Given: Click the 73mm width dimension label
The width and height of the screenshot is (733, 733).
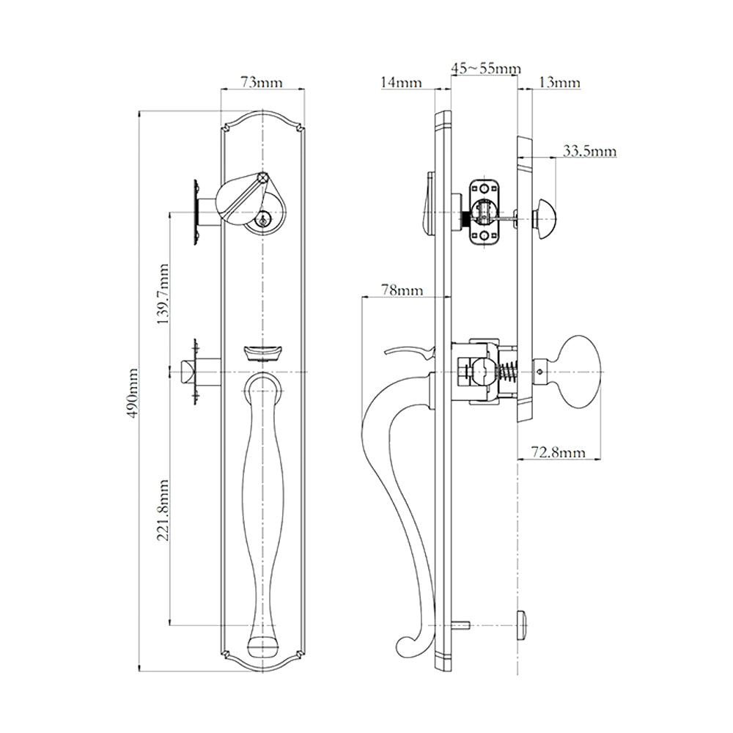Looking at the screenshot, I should click(x=262, y=82).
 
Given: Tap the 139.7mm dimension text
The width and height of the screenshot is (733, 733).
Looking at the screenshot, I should click(x=163, y=293).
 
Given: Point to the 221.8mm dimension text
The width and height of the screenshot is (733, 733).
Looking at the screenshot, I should click(x=163, y=511).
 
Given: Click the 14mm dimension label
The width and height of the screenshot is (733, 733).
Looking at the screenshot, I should click(x=401, y=83).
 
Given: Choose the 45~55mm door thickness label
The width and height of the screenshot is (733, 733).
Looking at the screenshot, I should click(x=486, y=68).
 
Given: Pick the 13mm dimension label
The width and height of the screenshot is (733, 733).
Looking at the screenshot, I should click(x=559, y=83).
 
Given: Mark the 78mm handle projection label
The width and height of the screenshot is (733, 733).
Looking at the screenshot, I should click(x=402, y=290).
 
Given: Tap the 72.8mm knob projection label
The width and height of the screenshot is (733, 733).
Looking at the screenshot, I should click(x=559, y=453).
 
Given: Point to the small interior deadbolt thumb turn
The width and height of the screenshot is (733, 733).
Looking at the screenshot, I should click(x=545, y=213).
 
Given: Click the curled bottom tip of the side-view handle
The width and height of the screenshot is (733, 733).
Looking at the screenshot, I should click(x=405, y=646).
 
